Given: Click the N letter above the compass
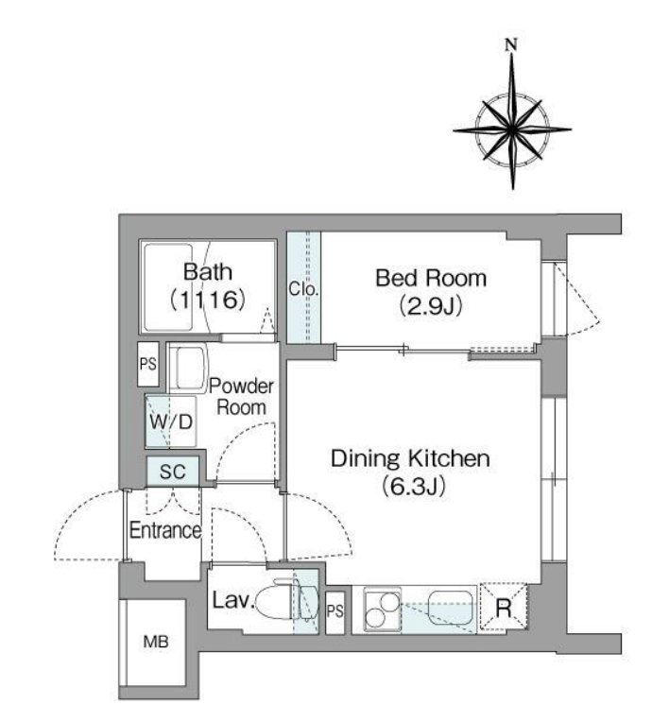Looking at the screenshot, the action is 511,44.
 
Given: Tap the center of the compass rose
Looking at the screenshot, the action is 512,130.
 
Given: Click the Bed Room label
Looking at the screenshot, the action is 431,278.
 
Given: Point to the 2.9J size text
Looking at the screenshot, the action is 431,306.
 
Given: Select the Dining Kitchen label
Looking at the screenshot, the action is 411,458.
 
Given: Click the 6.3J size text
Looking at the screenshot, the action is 414,487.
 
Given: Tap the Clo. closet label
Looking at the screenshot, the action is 303,289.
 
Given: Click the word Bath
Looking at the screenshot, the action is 208,271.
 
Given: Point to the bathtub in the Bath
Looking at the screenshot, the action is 168,287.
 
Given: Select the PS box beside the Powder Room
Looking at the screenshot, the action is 148,364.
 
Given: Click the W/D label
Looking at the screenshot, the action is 171,421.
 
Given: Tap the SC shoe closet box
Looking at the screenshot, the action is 173,471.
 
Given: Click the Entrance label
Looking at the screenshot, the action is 165,530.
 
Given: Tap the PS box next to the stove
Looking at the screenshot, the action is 335,610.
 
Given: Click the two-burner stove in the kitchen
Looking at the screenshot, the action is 382,609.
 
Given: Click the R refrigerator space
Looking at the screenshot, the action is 504,607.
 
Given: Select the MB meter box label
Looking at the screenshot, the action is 156,642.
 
